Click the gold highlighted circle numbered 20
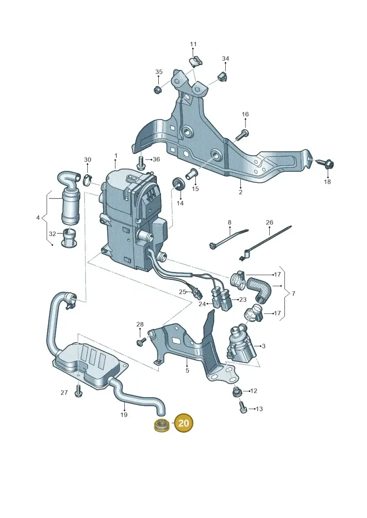pos(183,423)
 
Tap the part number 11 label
pos(193,44)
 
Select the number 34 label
pos(225,59)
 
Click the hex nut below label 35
pos(158,89)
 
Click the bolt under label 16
pos(243,135)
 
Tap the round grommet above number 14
pos(179,183)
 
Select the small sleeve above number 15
pos(193,173)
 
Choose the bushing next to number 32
pos(68,237)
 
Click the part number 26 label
pos(269,222)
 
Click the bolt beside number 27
pos(78,392)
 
